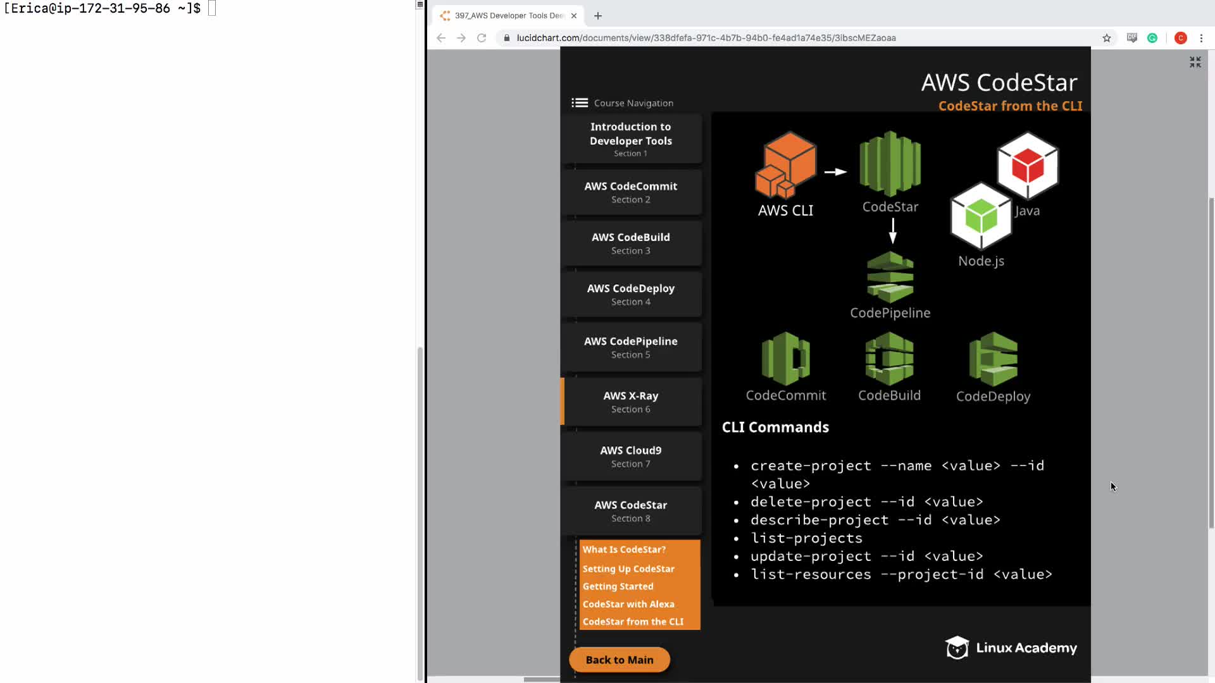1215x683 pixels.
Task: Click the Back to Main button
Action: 620,660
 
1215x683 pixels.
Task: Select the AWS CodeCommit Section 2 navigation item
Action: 631,192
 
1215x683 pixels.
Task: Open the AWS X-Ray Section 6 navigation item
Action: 631,402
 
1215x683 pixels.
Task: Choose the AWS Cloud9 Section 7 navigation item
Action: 631,457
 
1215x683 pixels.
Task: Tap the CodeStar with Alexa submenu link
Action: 628,604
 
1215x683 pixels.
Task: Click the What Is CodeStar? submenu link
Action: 624,550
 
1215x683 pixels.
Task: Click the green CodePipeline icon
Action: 890,277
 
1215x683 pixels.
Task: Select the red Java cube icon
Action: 1028,165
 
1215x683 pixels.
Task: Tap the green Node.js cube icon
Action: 981,216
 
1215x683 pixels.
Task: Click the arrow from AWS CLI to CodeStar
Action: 835,171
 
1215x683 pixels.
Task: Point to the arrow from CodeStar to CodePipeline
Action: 893,231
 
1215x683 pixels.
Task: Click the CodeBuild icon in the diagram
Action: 890,359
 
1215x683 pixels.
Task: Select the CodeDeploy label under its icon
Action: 993,397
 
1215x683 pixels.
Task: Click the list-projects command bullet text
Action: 806,538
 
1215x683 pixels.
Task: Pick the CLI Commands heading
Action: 775,427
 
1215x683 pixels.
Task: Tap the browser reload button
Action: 482,38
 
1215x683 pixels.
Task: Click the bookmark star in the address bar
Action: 1107,38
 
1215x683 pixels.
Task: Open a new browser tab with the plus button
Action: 598,16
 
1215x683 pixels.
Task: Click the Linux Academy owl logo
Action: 957,648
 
